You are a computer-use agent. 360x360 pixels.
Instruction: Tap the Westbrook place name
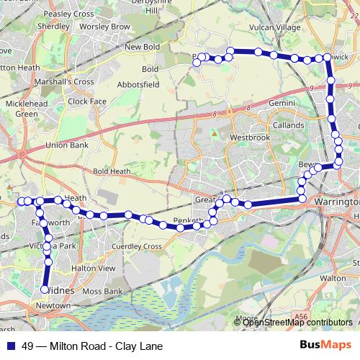(x=250, y=137)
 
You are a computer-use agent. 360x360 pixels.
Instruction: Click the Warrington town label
(x=336, y=202)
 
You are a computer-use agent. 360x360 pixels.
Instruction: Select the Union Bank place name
(x=66, y=145)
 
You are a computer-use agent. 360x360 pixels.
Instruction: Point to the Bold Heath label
(x=112, y=171)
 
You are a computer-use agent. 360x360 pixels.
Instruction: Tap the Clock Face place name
(x=86, y=102)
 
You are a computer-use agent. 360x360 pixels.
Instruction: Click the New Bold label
(x=141, y=48)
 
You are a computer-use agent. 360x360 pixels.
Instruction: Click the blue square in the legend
(x=11, y=344)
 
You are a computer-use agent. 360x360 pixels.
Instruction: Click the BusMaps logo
(x=325, y=344)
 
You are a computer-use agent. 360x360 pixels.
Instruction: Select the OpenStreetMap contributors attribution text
(x=298, y=323)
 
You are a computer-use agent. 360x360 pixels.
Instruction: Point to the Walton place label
(x=333, y=276)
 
